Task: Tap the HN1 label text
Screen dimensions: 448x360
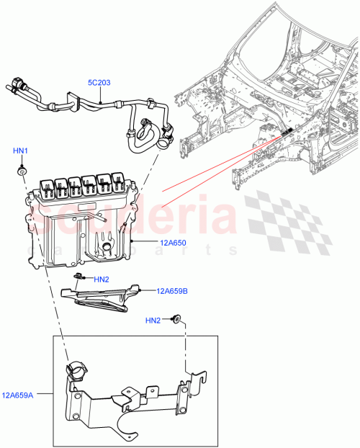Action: coord(21,151)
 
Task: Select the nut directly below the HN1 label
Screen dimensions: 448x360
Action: coord(22,172)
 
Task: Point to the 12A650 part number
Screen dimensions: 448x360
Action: coord(172,243)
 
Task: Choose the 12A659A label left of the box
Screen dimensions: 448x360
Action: coord(18,395)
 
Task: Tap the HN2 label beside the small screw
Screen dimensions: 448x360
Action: coord(101,279)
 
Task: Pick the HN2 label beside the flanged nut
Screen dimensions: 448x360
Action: coord(153,320)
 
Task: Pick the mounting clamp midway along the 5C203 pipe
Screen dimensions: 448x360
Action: coord(73,102)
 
